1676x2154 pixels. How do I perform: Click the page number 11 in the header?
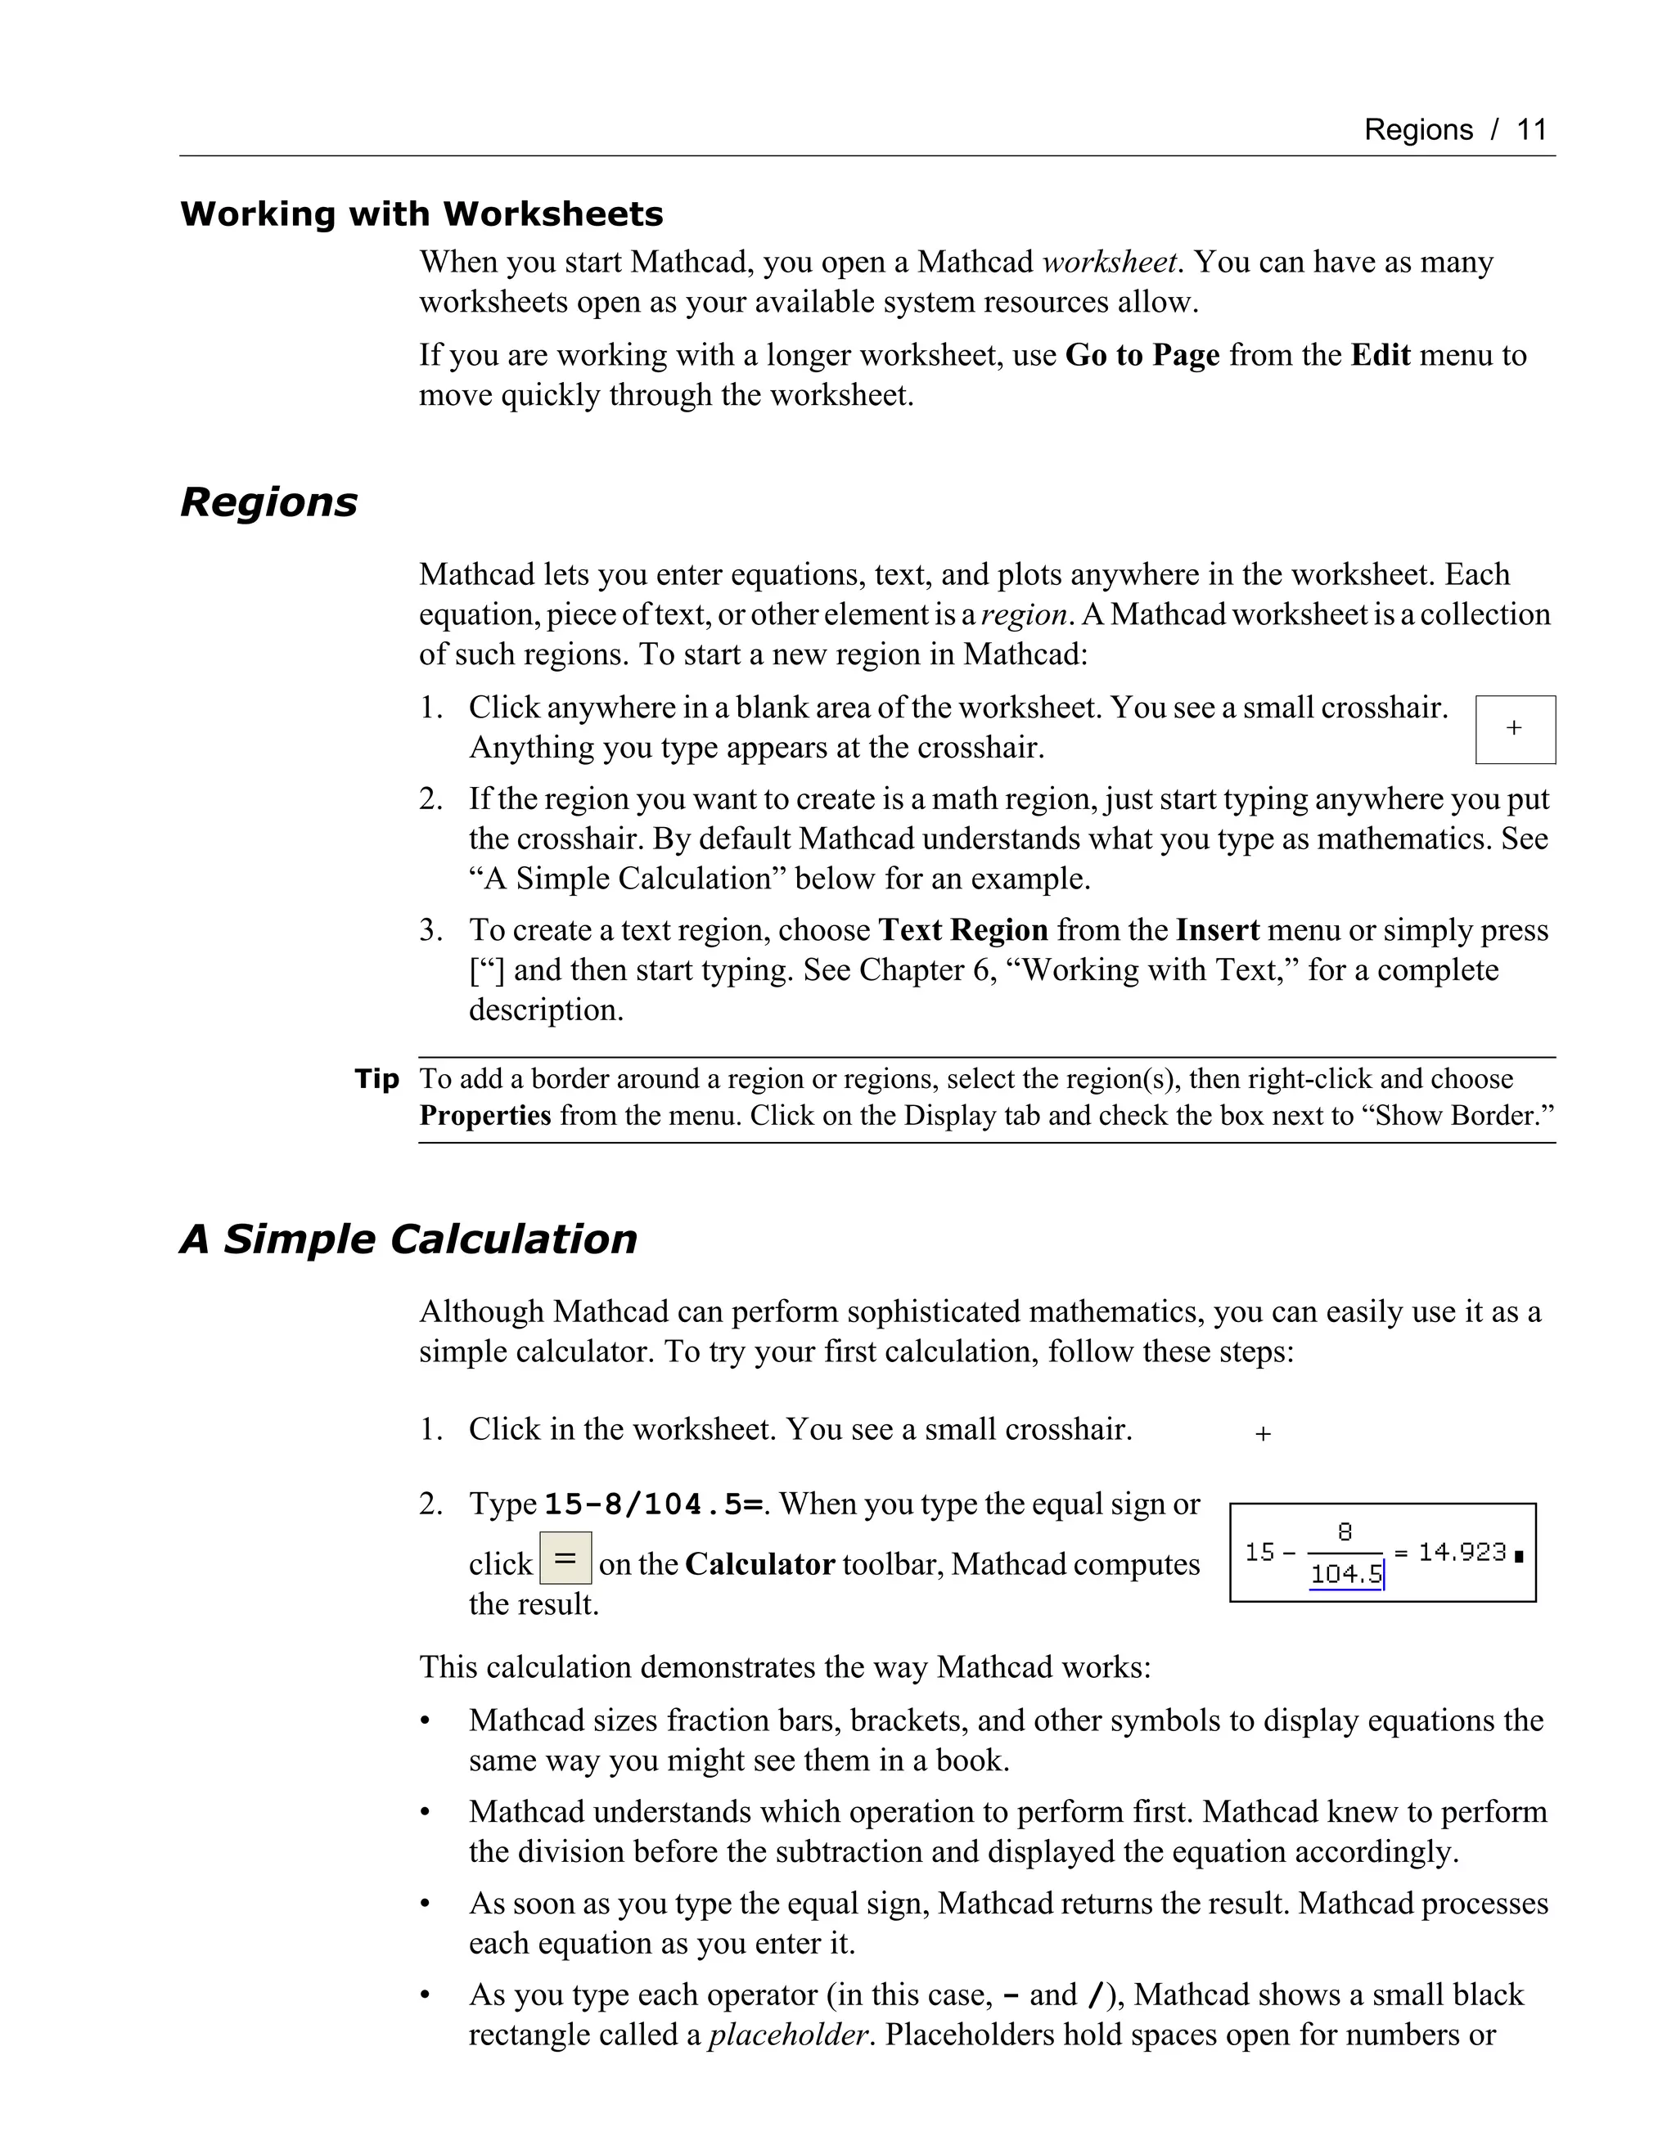pyautogui.click(x=1531, y=129)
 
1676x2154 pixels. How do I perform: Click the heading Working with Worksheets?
pyautogui.click(x=421, y=214)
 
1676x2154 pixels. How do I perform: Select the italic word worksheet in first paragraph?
pyautogui.click(x=1110, y=263)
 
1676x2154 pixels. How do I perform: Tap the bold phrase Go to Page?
pyautogui.click(x=1142, y=355)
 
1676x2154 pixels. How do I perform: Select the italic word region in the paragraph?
pyautogui.click(x=1024, y=614)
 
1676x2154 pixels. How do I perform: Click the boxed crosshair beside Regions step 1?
pyautogui.click(x=1514, y=729)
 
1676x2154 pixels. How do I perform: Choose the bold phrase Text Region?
pyautogui.click(x=962, y=930)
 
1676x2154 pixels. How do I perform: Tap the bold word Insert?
pyautogui.click(x=1217, y=930)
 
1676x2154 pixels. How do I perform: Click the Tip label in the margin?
pyautogui.click(x=376, y=1079)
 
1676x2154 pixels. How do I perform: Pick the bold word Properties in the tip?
pyautogui.click(x=484, y=1116)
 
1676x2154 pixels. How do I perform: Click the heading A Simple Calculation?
pyautogui.click(x=408, y=1239)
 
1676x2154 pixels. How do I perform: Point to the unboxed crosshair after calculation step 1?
pyautogui.click(x=1263, y=1434)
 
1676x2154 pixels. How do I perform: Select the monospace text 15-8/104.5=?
pyautogui.click(x=654, y=1505)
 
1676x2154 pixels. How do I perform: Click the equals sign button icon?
pyautogui.click(x=565, y=1558)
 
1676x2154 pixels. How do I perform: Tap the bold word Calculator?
pyautogui.click(x=759, y=1564)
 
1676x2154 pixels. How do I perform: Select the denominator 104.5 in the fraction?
pyautogui.click(x=1345, y=1574)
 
